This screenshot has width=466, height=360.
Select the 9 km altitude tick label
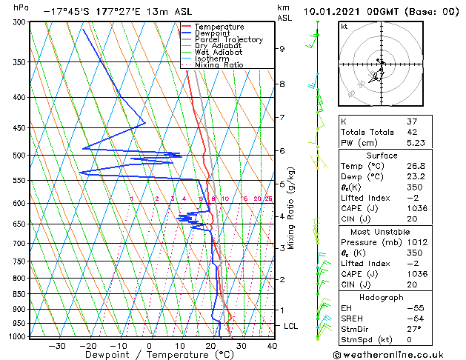[x=282, y=49]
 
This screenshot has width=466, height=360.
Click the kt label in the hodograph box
[x=344, y=27]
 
